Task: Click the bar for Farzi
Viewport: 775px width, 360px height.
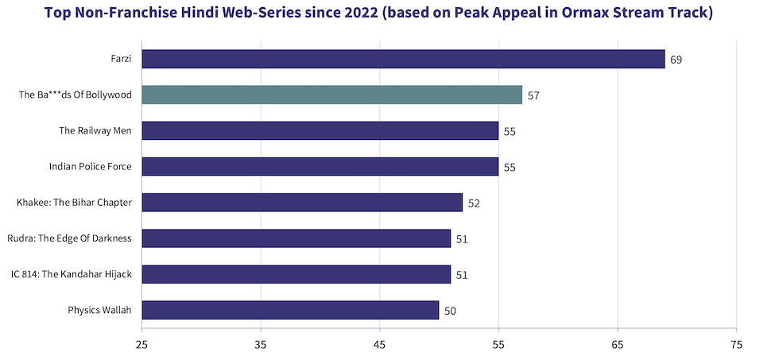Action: [x=403, y=59]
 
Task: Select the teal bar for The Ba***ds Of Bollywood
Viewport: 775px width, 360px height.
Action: [x=331, y=95]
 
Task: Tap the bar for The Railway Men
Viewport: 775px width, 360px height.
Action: [x=320, y=130]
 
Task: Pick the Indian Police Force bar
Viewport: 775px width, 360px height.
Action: [x=320, y=166]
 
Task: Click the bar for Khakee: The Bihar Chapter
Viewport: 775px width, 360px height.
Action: [x=302, y=203]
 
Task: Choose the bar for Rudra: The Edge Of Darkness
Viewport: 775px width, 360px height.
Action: [x=296, y=238]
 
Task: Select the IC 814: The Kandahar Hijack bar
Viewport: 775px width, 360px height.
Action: [x=296, y=274]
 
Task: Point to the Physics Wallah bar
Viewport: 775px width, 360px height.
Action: [x=290, y=310]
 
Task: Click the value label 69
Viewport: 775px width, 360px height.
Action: [x=676, y=60]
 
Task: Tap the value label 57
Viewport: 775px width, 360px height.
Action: [x=533, y=95]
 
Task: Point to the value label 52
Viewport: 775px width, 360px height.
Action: [x=474, y=203]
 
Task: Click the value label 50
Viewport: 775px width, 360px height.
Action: [x=450, y=311]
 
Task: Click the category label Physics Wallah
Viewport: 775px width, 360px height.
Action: [x=99, y=310]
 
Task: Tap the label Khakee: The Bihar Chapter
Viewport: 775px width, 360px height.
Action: [x=74, y=203]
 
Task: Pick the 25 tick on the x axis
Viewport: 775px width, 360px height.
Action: [x=141, y=345]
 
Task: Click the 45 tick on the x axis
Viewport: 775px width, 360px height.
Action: [x=379, y=345]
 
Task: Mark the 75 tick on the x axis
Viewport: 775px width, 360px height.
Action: [x=736, y=345]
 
